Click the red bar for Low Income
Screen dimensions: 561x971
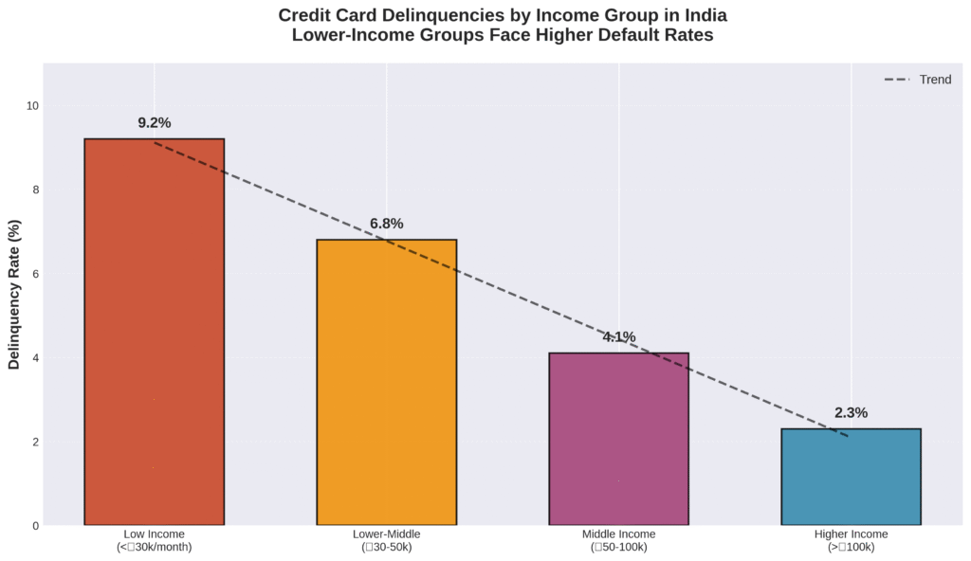point(154,332)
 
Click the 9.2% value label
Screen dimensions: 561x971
point(154,123)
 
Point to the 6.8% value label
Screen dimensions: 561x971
point(386,224)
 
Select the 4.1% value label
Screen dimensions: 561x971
point(618,337)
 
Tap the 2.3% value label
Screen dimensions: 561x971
point(851,413)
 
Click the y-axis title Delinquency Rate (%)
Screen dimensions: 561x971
point(14,294)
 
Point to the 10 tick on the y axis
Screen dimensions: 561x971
point(32,105)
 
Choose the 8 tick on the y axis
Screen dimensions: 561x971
point(35,190)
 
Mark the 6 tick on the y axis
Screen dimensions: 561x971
point(35,274)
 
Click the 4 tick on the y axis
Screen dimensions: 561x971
point(35,358)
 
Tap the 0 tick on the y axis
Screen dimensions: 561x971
point(35,526)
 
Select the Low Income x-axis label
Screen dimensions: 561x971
point(154,534)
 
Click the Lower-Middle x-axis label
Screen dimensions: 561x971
point(386,534)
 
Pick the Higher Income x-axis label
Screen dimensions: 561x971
point(851,534)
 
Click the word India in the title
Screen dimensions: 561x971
point(704,16)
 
